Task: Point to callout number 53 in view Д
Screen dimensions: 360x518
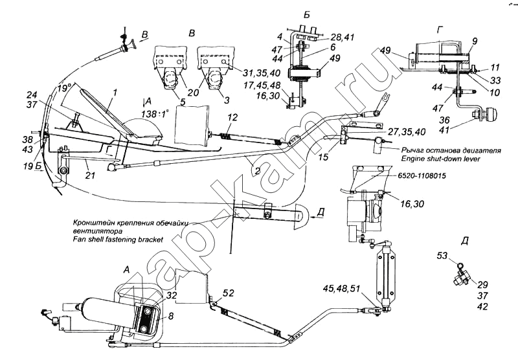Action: [x=442, y=256]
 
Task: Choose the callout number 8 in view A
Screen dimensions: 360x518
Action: [x=171, y=317]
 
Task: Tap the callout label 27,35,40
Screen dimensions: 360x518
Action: [x=407, y=131]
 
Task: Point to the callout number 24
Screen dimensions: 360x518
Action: [x=31, y=95]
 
